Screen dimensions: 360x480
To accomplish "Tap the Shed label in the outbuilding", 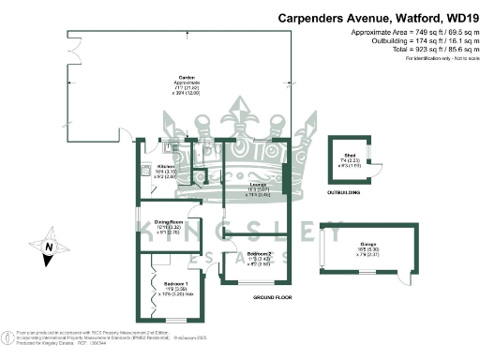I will pos(349,157).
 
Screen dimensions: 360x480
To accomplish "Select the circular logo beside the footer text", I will pos(8,334).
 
